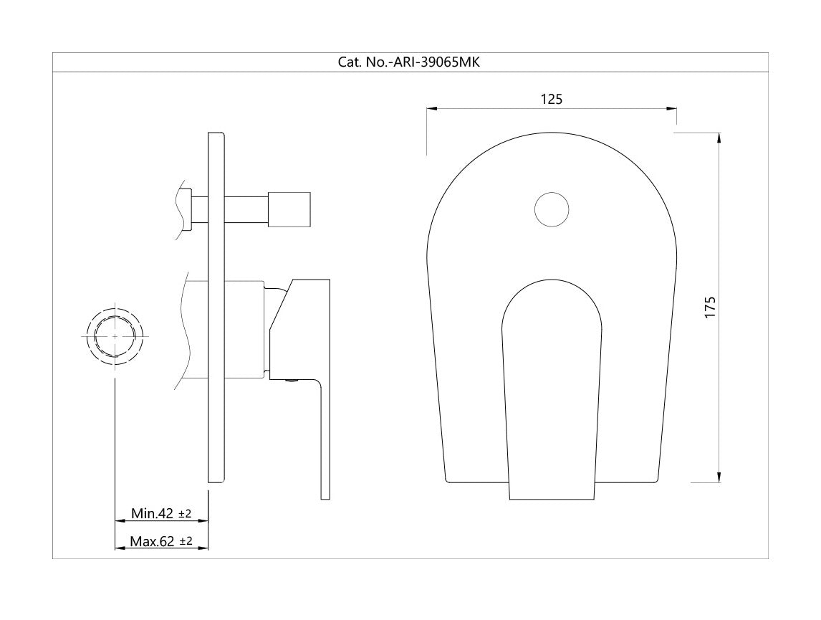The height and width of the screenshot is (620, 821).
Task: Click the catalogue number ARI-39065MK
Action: click(436, 62)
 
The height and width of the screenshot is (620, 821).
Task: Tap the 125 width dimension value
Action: click(552, 99)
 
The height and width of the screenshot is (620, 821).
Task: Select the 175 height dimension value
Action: click(709, 307)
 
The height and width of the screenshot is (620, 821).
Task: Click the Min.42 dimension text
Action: click(152, 513)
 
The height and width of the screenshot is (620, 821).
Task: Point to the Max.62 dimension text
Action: click(152, 541)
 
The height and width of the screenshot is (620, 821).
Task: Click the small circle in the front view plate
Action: click(552, 209)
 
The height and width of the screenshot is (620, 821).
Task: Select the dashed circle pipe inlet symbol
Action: click(115, 335)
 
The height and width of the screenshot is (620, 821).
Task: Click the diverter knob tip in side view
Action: click(289, 209)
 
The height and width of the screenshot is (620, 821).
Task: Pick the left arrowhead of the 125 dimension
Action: click(432, 109)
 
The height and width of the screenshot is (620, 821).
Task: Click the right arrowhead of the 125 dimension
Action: click(671, 109)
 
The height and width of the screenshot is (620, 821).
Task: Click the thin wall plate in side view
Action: click(217, 307)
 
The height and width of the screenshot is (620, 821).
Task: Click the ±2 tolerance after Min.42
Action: click(185, 514)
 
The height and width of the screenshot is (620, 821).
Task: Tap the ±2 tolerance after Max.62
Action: click(186, 542)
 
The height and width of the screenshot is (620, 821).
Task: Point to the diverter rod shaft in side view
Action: click(246, 209)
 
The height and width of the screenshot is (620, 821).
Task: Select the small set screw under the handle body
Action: click(291, 381)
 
